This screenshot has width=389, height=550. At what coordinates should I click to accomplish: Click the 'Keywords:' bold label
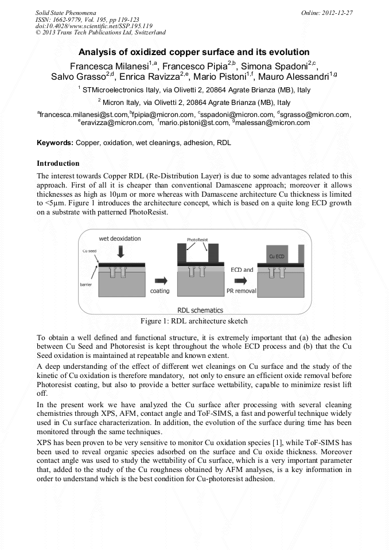pyautogui.click(x=55, y=142)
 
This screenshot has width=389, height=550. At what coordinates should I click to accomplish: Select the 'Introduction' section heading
pyautogui.click(x=58, y=163)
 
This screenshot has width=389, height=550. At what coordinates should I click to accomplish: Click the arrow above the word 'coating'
pyautogui.click(x=161, y=280)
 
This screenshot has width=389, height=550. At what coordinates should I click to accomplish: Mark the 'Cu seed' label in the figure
pyautogui.click(x=88, y=251)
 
